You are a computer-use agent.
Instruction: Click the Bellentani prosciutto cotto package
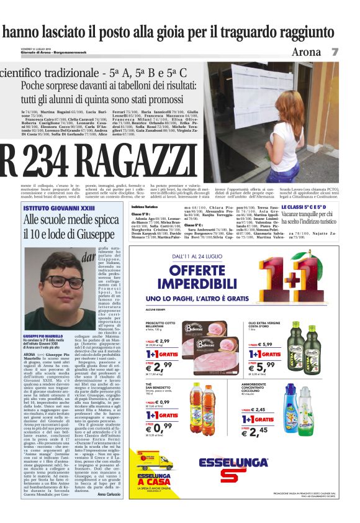point(207,336)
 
